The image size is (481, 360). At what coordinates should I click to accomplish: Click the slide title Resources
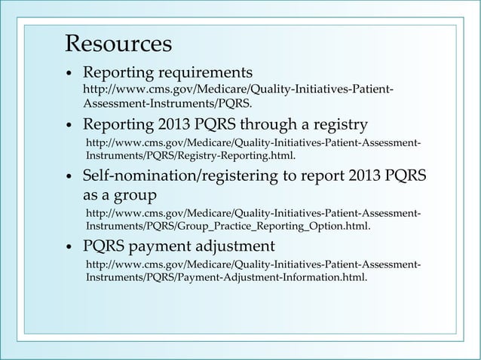click(118, 44)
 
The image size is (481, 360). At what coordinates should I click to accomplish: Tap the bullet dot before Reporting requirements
click(69, 75)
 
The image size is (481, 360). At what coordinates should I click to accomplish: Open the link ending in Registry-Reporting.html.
click(253, 149)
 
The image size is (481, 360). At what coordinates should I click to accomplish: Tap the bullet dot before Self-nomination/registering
click(69, 177)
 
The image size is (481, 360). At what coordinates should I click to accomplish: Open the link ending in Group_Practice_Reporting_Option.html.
click(253, 219)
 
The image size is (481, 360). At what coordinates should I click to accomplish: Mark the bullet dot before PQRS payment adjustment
click(69, 247)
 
